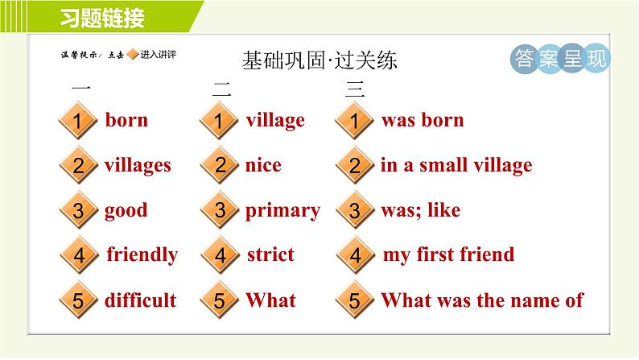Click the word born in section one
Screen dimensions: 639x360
point(126,120)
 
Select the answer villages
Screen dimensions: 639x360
point(138,166)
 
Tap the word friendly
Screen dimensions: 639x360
point(142,255)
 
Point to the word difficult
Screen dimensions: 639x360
point(141,300)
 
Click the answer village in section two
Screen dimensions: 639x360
point(275,121)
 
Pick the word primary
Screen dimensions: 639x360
point(282,211)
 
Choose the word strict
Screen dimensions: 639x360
point(270,254)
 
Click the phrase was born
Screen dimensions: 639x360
point(423,120)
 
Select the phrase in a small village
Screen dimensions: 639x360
point(456,166)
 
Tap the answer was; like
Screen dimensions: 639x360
point(421,210)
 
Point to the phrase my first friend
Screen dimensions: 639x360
point(449,255)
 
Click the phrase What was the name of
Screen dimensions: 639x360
point(483,300)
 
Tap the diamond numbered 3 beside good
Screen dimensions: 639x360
point(79,210)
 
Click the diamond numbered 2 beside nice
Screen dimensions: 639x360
point(220,165)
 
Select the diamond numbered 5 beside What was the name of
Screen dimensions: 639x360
point(355,300)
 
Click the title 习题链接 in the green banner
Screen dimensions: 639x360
point(102,18)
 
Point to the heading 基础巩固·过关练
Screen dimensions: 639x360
point(319,60)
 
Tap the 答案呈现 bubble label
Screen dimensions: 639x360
point(560,58)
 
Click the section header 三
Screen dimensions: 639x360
point(355,89)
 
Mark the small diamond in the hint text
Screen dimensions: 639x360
point(133,54)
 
